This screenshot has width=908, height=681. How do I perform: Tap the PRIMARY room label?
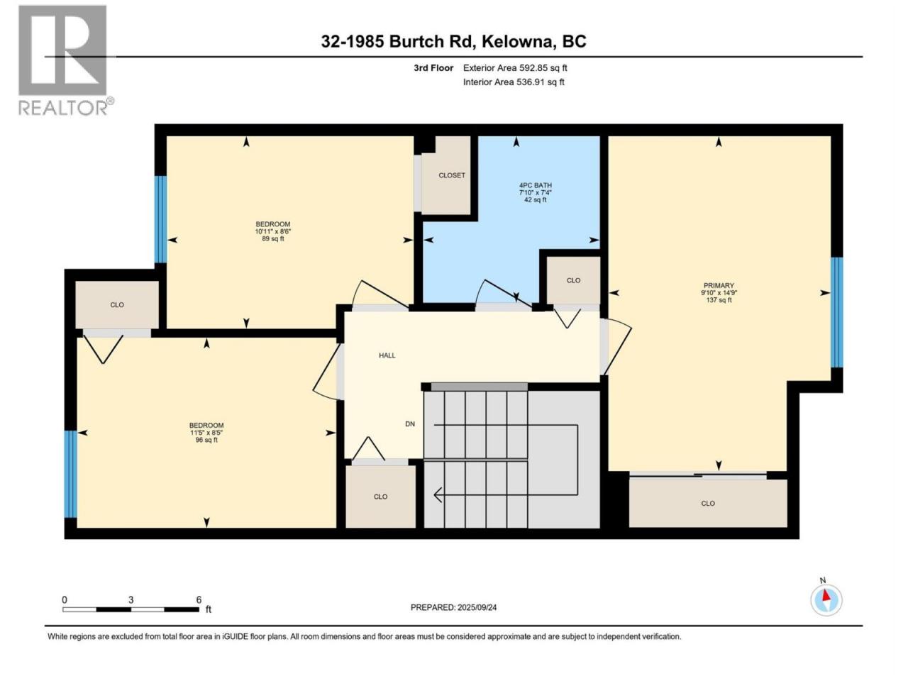click(719, 285)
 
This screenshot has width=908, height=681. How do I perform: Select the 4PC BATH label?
click(536, 185)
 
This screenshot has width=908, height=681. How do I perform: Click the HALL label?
click(387, 355)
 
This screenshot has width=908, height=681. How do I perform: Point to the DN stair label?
click(410, 423)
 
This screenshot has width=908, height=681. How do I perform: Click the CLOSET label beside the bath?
click(452, 175)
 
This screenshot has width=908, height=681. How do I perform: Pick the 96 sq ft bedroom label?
click(206, 433)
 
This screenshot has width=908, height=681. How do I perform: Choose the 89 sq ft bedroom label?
click(272, 231)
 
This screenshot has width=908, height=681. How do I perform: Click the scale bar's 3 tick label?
click(131, 599)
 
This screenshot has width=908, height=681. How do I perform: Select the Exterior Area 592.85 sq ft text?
click(515, 68)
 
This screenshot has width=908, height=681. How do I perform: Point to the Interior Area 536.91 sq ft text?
click(514, 82)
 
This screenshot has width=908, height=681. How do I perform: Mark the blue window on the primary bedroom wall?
click(837, 312)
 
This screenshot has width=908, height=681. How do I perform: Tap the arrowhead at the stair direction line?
click(437, 494)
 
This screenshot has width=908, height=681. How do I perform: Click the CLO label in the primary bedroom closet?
click(708, 503)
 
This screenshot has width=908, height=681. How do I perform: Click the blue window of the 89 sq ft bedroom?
click(160, 219)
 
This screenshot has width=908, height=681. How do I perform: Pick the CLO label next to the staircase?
click(380, 497)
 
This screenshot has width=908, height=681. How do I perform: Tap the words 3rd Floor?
click(433, 68)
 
